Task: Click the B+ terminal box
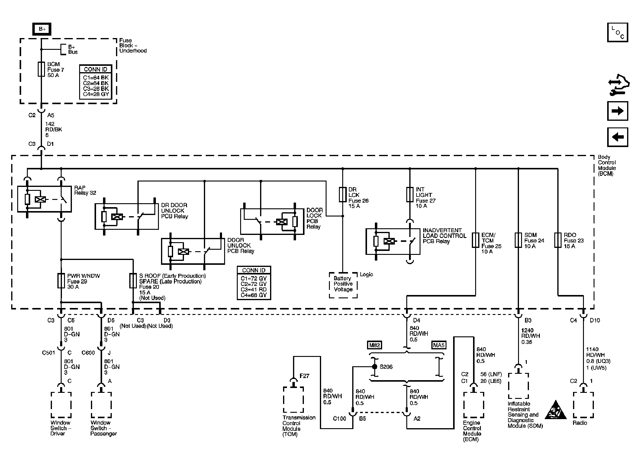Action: [42, 29]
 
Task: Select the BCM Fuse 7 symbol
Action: [41, 69]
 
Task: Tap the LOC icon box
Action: [617, 32]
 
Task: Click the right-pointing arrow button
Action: [617, 111]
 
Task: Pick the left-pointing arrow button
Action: [617, 137]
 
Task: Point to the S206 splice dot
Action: [375, 367]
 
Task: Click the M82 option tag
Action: [375, 345]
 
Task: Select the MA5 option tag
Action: [439, 345]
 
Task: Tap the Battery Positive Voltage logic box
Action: [343, 285]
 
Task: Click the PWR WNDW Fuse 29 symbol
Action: [61, 281]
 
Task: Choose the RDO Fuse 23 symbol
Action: [558, 240]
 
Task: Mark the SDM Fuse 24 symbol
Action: [518, 240]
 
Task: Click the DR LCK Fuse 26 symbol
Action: [343, 194]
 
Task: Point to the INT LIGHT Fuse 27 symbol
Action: [410, 194]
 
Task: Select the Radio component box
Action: [583, 405]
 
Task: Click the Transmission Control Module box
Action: [294, 400]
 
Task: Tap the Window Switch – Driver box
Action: [61, 405]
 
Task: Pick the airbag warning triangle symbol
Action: [556, 411]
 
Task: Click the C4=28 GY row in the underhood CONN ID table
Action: [96, 94]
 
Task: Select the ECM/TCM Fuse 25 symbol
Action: [475, 240]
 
